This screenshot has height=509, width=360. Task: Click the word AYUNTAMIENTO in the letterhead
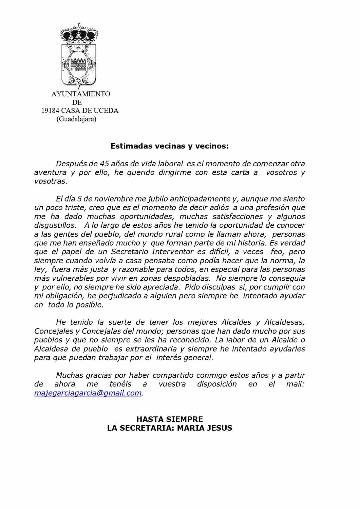[81, 94]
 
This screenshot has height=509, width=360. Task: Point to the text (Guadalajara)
[76, 119]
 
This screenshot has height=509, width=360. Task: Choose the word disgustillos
[55, 225]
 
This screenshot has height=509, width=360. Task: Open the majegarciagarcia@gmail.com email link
[88, 393]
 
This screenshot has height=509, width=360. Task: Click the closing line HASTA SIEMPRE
[170, 419]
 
